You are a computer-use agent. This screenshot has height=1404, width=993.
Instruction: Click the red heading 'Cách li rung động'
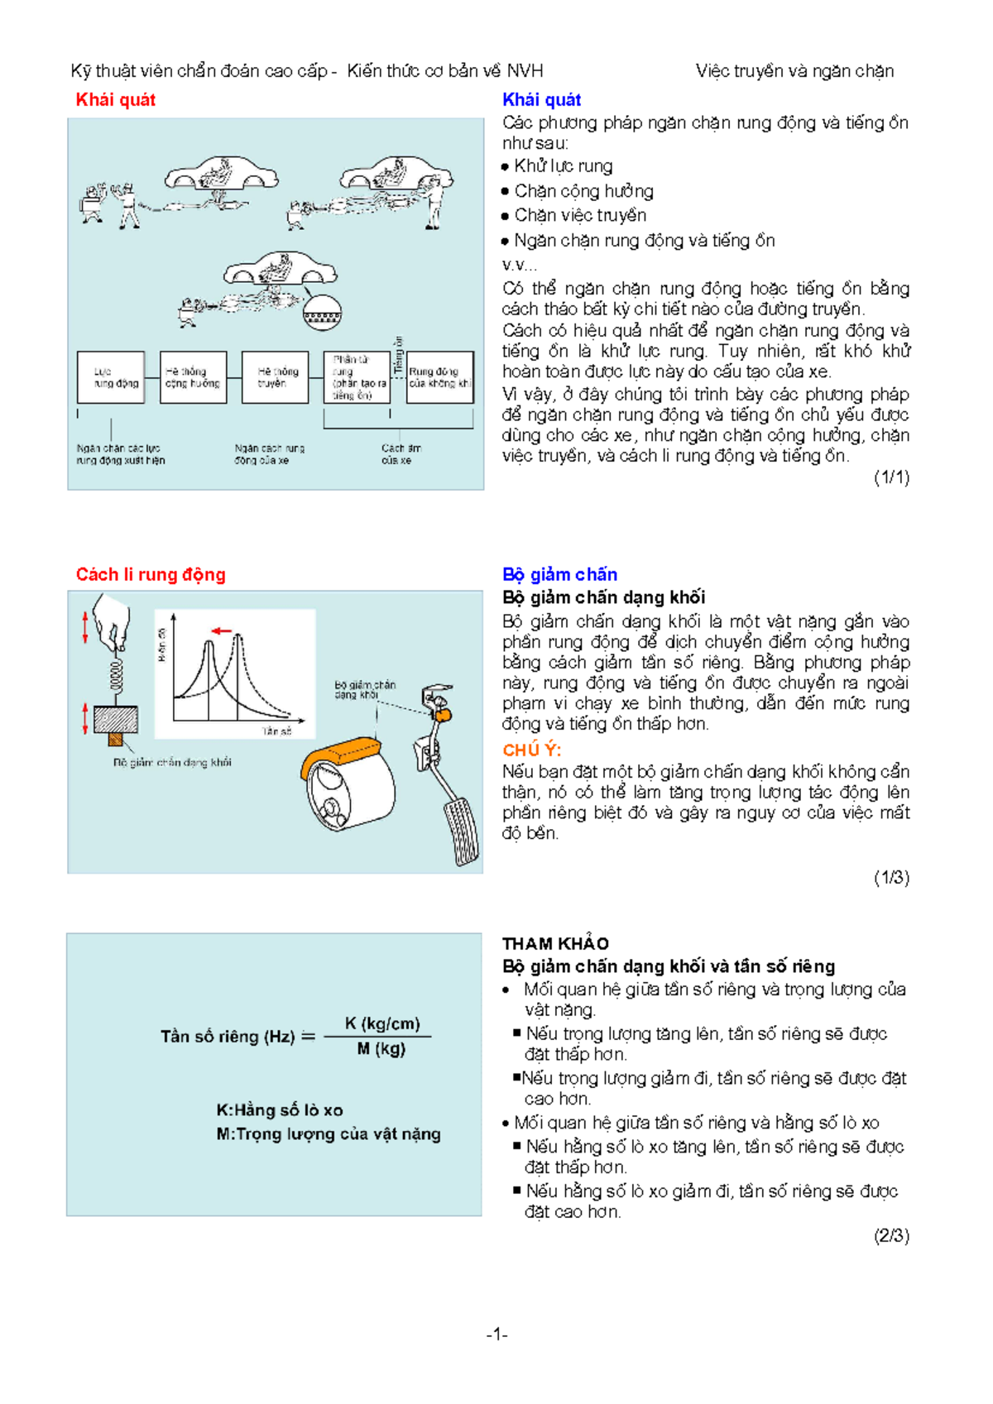150,574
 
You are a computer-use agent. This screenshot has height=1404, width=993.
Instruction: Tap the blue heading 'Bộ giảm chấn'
559,574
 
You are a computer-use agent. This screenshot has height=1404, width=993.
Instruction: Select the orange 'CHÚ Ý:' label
531,750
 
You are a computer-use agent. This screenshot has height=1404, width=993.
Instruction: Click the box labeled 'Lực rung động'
111,377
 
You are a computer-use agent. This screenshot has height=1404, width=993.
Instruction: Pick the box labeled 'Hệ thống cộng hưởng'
193,377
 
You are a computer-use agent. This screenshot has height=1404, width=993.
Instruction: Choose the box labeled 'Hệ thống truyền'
275,377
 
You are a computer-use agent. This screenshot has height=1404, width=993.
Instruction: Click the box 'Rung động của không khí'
440,377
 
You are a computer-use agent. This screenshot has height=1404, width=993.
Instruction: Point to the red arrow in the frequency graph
221,631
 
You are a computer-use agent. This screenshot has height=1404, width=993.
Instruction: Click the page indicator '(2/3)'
891,1235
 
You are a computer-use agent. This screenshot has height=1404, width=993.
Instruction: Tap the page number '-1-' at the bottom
496,1334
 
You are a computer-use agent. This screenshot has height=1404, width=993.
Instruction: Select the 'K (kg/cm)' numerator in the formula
381,1023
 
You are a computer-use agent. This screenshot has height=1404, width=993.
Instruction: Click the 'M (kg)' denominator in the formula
381,1048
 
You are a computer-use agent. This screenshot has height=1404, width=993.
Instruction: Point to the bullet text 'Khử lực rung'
563,166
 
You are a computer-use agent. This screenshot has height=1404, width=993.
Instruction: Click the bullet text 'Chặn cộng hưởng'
583,191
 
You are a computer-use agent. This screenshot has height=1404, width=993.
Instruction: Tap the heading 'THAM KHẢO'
555,943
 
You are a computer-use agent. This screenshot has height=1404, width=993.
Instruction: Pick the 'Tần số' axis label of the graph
276,731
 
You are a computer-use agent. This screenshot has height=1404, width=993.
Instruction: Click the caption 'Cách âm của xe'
400,454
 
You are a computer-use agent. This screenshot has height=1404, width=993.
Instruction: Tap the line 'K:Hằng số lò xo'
280,1110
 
